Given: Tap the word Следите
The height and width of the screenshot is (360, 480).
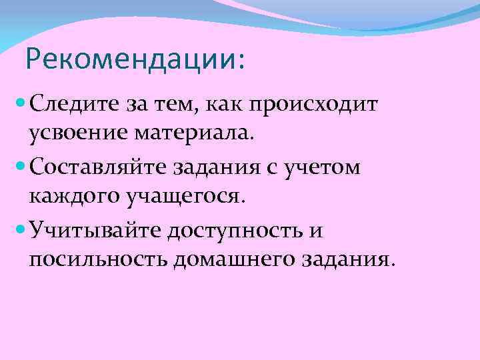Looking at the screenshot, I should pyautogui.click(x=75, y=105).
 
